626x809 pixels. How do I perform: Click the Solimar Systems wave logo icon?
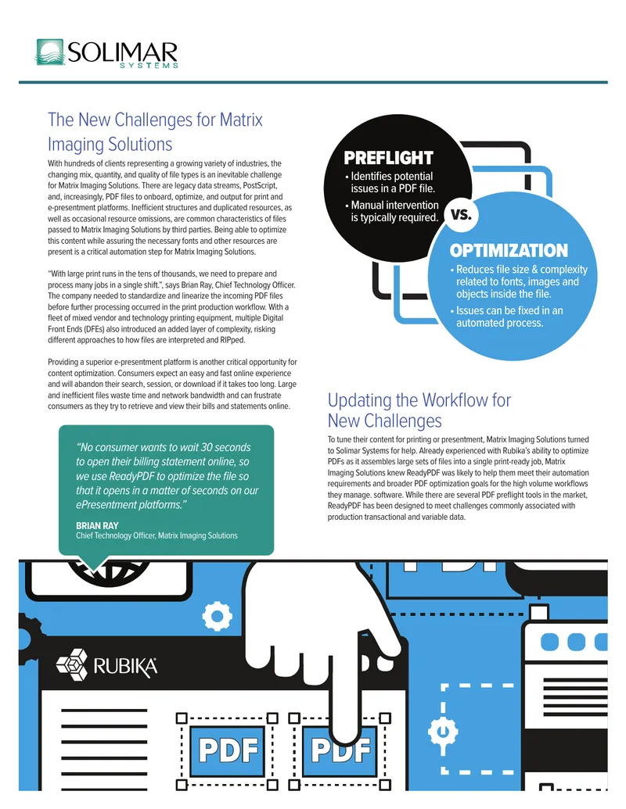pos(50,52)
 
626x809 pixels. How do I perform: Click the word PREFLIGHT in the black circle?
pos(388,158)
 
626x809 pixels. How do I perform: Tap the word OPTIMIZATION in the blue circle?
pos(509,251)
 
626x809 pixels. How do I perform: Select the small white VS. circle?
pos(461,214)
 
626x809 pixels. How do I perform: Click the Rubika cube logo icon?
pos(71,664)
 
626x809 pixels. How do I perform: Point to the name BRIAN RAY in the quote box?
pos(97,526)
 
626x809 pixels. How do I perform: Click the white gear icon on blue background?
pos(217,616)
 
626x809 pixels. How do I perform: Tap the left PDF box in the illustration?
pos(228,750)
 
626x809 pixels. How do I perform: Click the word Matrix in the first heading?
pos(241,120)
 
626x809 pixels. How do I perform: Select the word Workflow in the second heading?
pos(446,400)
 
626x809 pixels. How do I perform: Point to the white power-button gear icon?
pos(443,731)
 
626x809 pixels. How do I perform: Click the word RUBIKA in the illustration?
pos(125,667)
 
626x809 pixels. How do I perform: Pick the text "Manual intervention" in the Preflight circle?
pos(394,206)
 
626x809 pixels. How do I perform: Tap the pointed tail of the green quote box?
pos(93,568)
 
